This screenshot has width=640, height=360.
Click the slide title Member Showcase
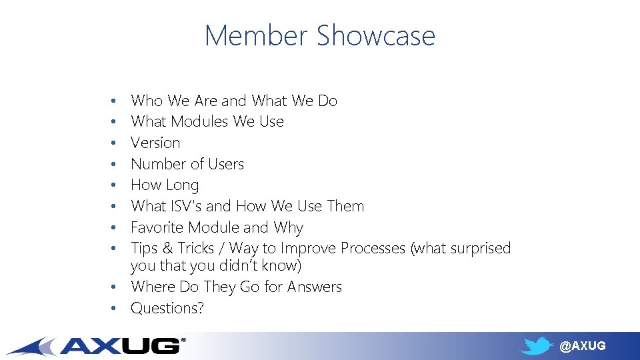pos(320,35)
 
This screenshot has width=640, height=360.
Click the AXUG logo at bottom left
pos(100,345)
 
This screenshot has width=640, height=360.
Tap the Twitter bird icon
pos(537,346)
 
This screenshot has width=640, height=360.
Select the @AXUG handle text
pos(582,346)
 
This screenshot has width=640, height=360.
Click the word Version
pos(155,143)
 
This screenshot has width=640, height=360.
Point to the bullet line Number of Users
pos(187,164)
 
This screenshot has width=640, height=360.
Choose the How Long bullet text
pos(165,185)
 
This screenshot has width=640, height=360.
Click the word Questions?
pos(167,308)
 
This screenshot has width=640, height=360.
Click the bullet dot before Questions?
pos(115,309)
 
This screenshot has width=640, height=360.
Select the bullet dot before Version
pos(115,143)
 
